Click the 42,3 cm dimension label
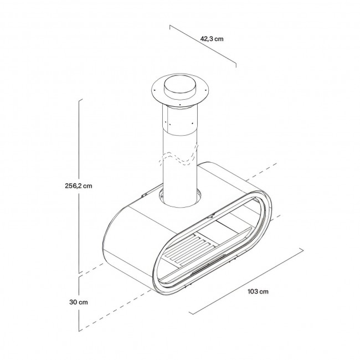coord(212,39)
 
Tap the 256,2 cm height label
coord(79,186)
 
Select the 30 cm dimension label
coord(79,302)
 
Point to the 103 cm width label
coord(258,291)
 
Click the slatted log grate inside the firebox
coord(188,249)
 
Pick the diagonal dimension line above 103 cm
coord(246,281)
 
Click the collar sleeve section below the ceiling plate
coord(180,120)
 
